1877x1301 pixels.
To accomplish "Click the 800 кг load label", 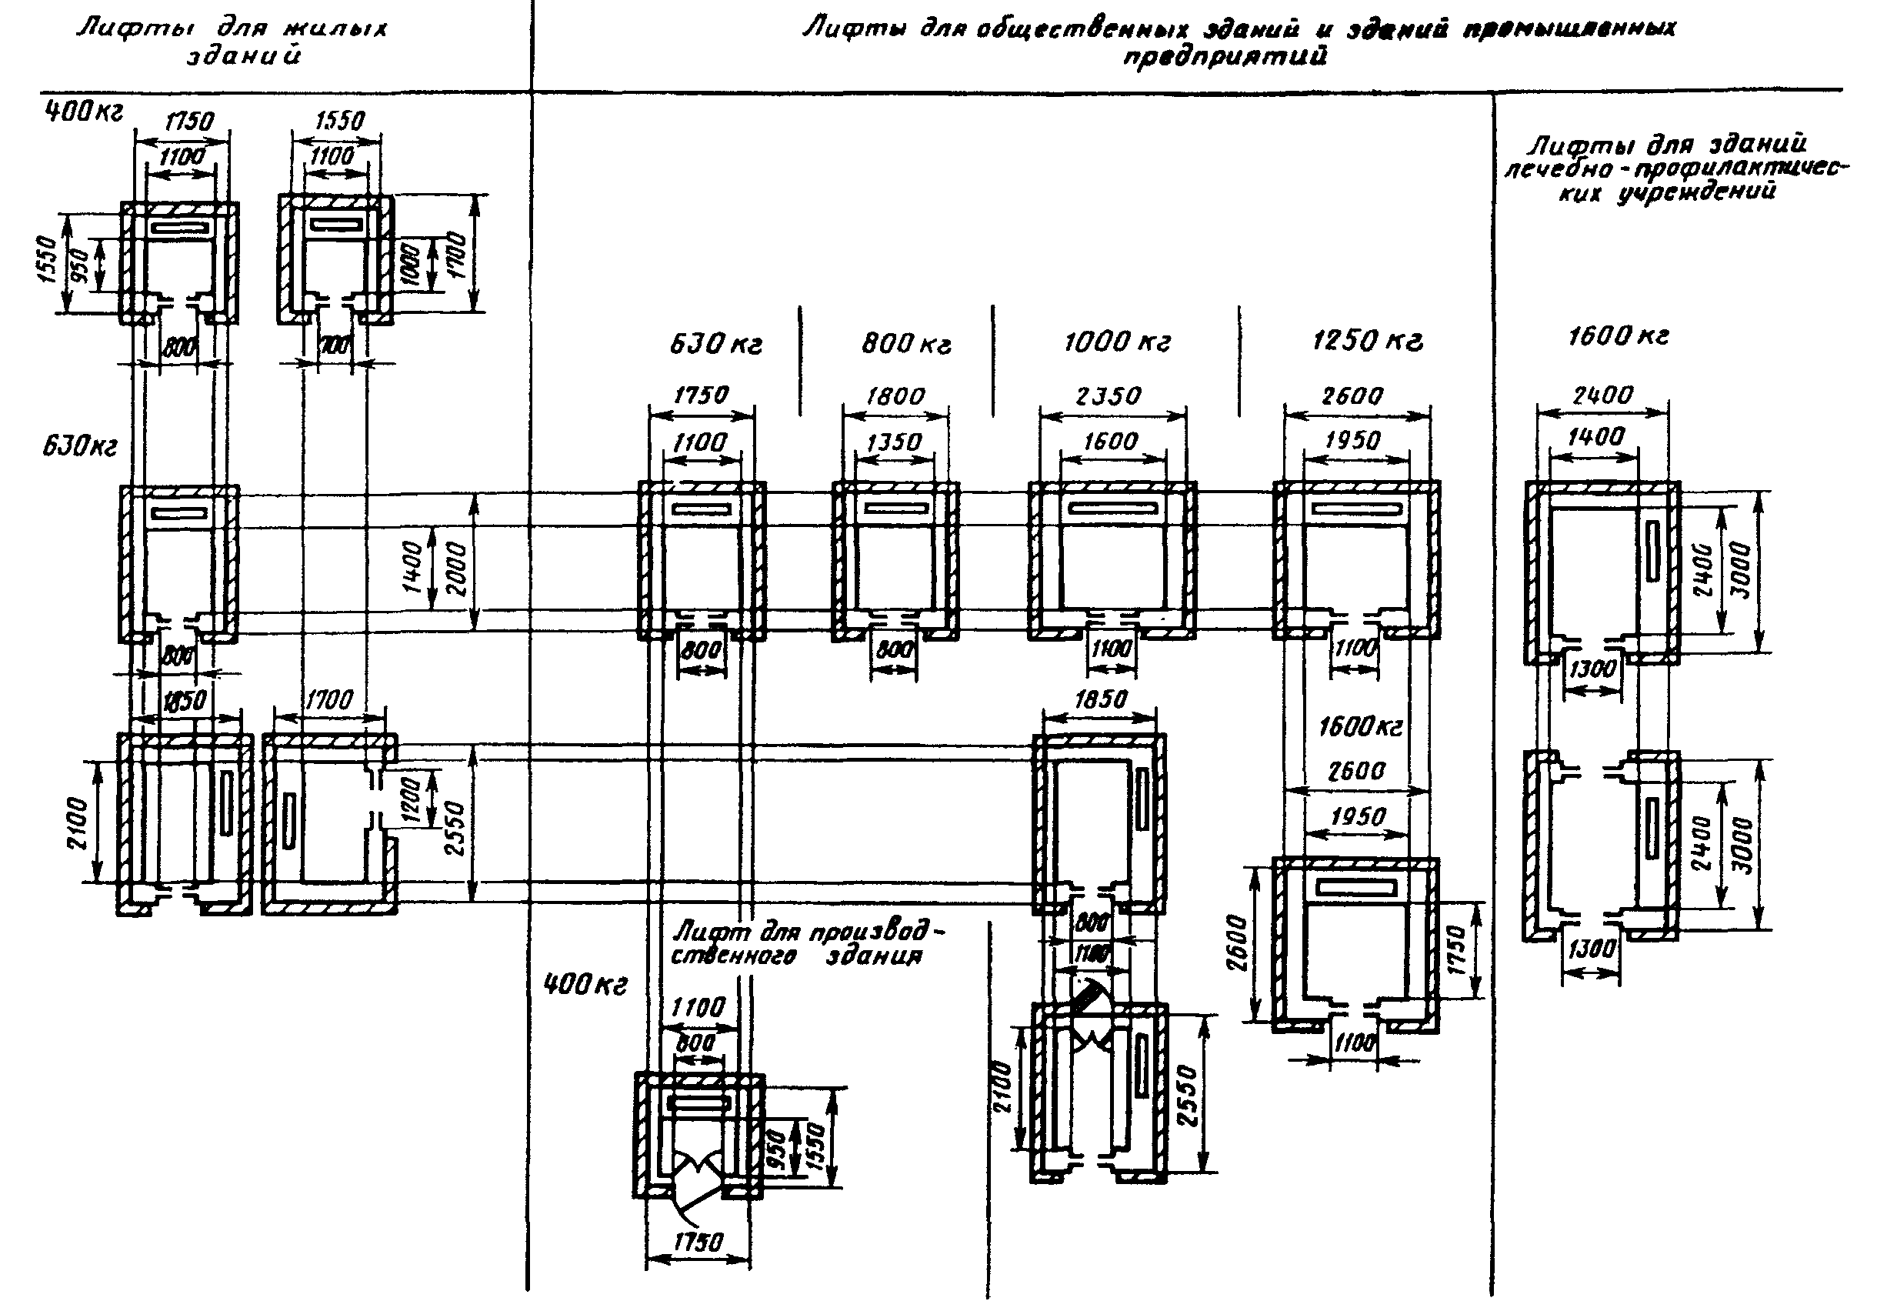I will (x=905, y=344).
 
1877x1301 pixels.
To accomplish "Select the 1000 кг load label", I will (x=1116, y=342).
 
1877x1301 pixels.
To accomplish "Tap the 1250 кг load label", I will (x=1367, y=341).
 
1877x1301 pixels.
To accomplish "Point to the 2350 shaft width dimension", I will (x=1109, y=396).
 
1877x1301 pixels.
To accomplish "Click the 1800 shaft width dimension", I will (x=895, y=397).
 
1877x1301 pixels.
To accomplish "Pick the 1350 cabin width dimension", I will (x=894, y=442).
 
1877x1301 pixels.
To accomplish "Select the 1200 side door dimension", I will (x=412, y=798).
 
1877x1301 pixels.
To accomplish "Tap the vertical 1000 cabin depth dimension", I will (x=411, y=262).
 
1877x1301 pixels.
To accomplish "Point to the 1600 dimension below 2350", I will (x=1110, y=442).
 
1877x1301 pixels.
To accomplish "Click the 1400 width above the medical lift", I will (x=1595, y=438).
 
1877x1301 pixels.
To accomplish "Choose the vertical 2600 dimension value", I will (x=1236, y=942).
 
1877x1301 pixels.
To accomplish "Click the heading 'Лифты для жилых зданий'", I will (x=232, y=41).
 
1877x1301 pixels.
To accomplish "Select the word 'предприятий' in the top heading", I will (x=1224, y=56).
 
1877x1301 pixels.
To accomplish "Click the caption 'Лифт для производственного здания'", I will (x=803, y=943).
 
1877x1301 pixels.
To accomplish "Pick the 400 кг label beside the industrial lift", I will (x=585, y=985).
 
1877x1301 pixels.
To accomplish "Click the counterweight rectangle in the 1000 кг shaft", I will (x=1112, y=509).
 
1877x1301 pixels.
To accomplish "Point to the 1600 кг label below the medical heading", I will (x=1618, y=336).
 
